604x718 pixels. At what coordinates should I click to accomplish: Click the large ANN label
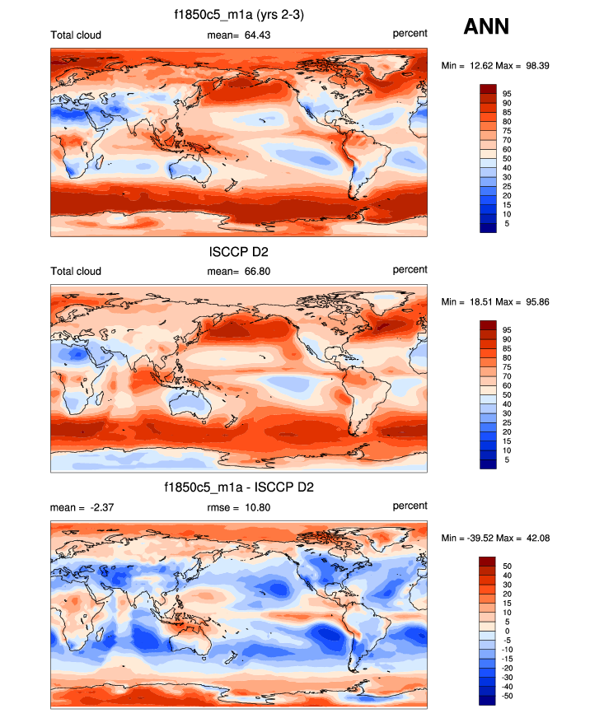point(486,26)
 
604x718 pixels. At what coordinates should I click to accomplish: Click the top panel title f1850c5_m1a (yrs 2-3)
point(239,14)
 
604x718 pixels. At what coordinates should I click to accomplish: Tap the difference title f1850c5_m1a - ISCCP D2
point(239,487)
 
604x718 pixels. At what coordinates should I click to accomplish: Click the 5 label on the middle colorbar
point(507,459)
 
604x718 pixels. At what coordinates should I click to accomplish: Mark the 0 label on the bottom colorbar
point(507,631)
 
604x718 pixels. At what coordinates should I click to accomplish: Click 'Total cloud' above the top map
point(76,34)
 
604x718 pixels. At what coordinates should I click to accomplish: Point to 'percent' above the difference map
point(410,506)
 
